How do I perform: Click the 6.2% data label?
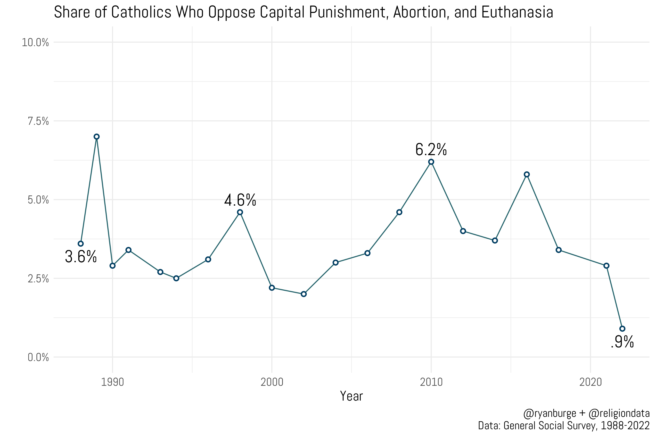[x=431, y=150]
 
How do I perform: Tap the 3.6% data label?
[x=81, y=256]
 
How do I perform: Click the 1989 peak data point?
[x=97, y=136]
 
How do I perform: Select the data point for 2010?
[x=431, y=162]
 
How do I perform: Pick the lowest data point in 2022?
[x=622, y=329]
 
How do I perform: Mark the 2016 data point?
[x=527, y=175]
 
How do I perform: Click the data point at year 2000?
[x=272, y=288]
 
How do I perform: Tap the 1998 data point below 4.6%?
[x=240, y=212]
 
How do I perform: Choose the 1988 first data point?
[x=81, y=244]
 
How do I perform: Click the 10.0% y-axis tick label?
[x=35, y=43]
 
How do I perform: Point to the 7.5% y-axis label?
[x=38, y=121]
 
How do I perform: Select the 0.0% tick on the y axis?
[x=38, y=357]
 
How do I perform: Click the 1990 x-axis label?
[x=113, y=382]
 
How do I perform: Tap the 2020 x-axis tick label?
[x=590, y=382]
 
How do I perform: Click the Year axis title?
[x=351, y=396]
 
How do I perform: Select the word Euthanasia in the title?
[x=517, y=13]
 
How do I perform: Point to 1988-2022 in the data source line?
[x=625, y=426]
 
